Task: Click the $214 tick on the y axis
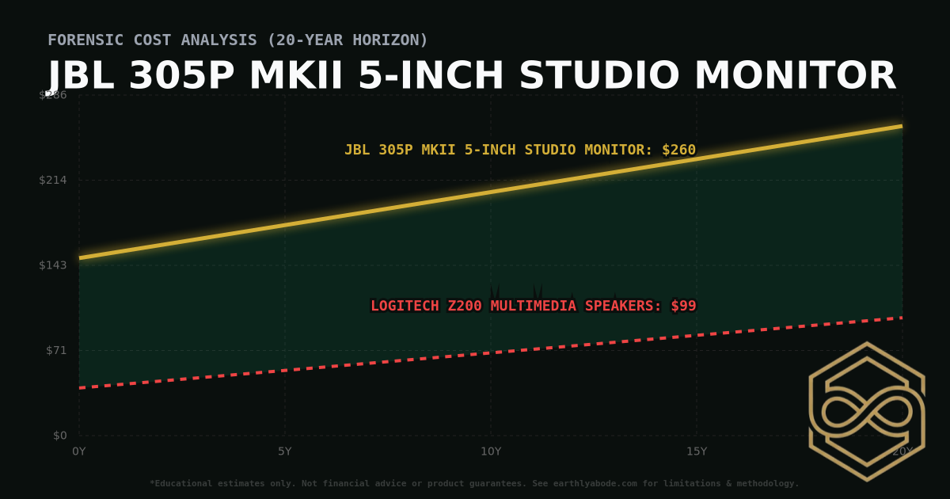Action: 53,180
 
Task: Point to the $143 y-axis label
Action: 53,265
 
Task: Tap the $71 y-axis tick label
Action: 55,350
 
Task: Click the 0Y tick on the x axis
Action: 79,451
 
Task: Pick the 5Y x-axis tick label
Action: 285,451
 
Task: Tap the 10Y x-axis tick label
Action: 491,451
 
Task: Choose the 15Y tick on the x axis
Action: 697,451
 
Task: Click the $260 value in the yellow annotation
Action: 678,150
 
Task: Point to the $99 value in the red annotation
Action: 683,306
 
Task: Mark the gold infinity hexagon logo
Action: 866,411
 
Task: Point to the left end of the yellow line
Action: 80,257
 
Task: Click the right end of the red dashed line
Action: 901,318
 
